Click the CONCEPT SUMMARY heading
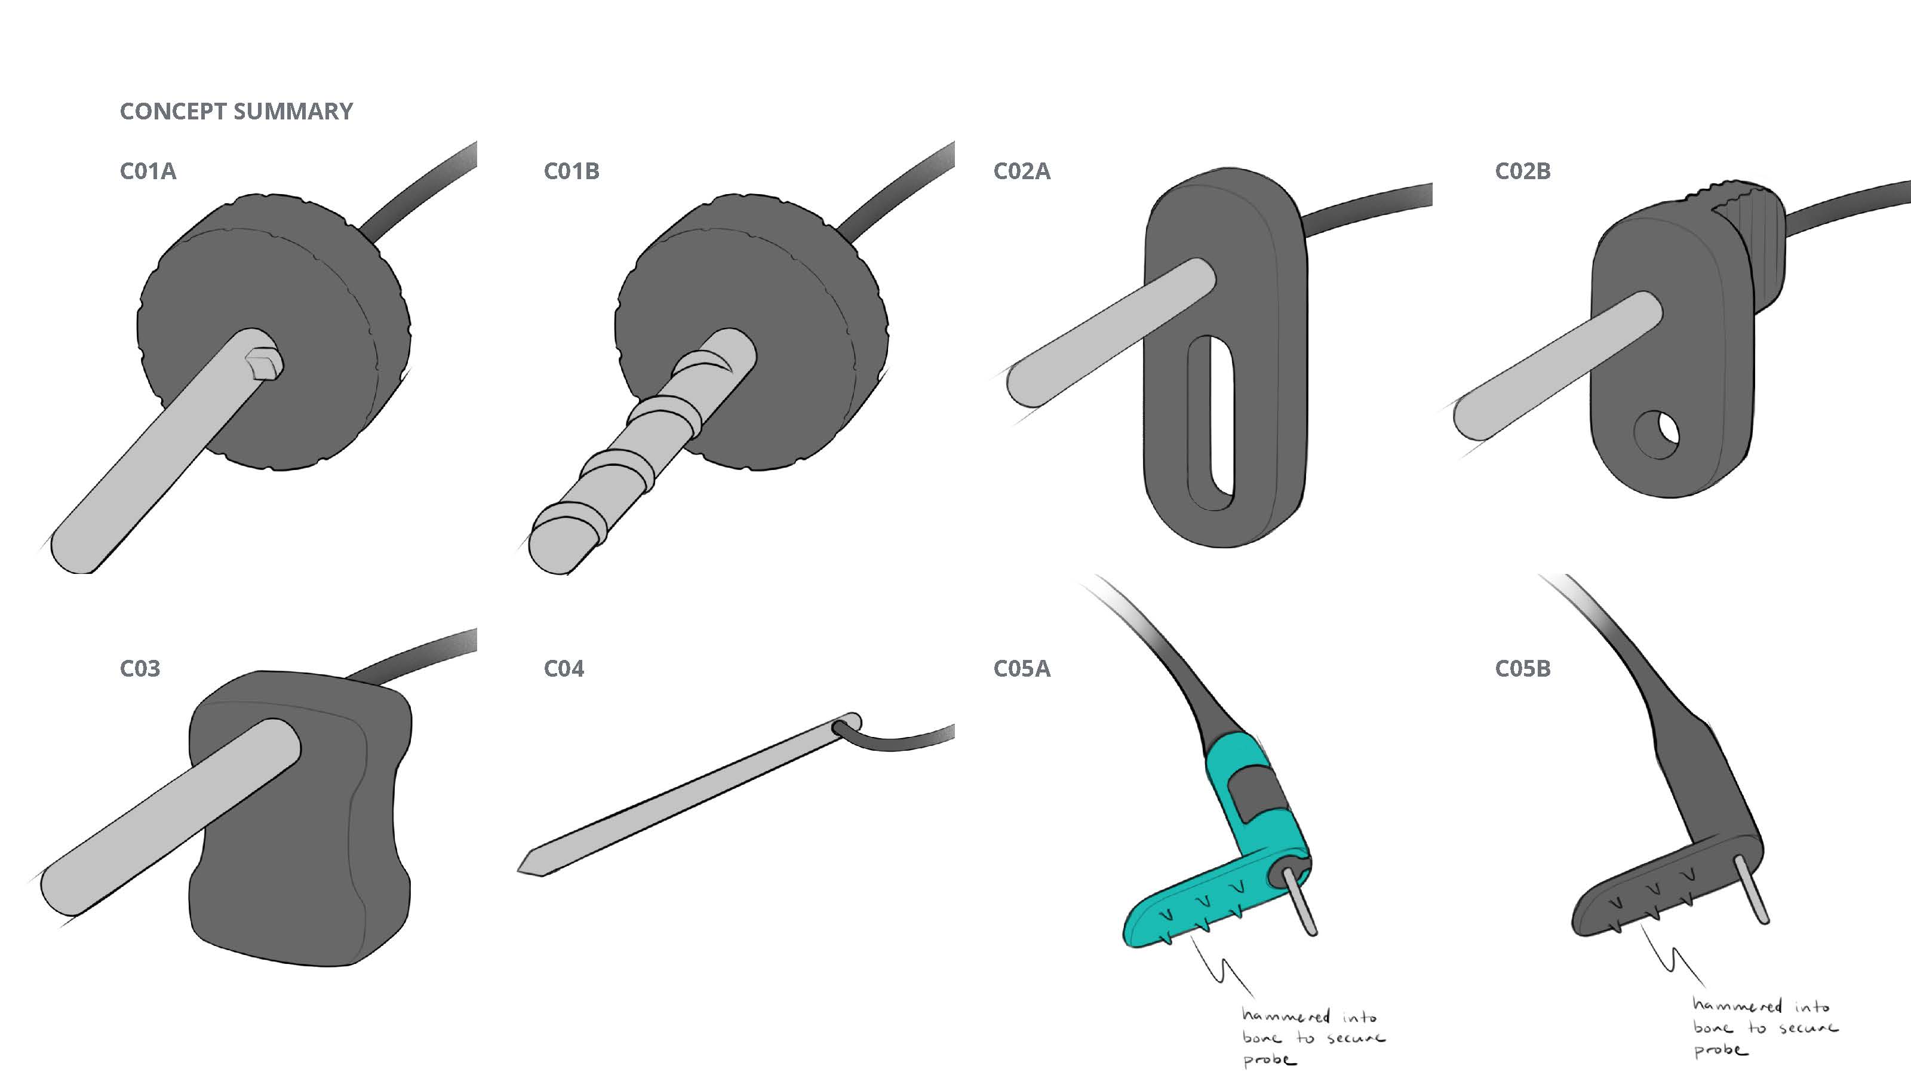pos(236,111)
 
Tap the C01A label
pos(148,171)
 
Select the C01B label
pos(572,171)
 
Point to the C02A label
pos(1022,171)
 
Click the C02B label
pos(1522,171)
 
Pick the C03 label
pos(140,668)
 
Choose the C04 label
pos(564,668)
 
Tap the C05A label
pos(1022,668)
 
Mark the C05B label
pos(1522,668)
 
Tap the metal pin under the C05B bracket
pos(1752,889)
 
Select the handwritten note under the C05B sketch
pos(1764,1027)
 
